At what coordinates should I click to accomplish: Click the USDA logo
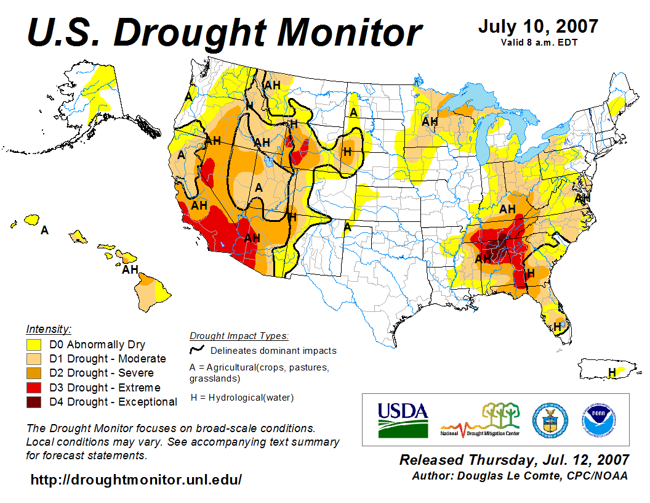click(402, 420)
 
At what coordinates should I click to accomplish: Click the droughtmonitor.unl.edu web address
click(136, 479)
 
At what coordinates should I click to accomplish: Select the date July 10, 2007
click(538, 27)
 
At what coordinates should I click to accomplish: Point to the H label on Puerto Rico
click(612, 372)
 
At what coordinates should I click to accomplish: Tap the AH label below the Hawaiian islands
click(130, 269)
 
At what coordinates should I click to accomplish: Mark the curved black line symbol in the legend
click(198, 350)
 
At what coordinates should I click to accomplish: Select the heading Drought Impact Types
click(239, 336)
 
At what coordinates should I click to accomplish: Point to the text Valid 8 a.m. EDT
click(539, 43)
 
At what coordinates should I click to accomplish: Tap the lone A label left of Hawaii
click(44, 230)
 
